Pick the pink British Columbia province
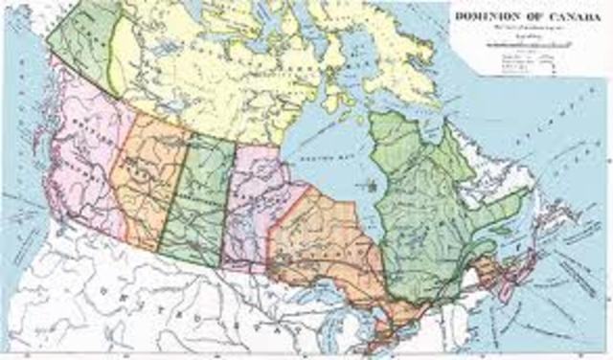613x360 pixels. click(81, 163)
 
